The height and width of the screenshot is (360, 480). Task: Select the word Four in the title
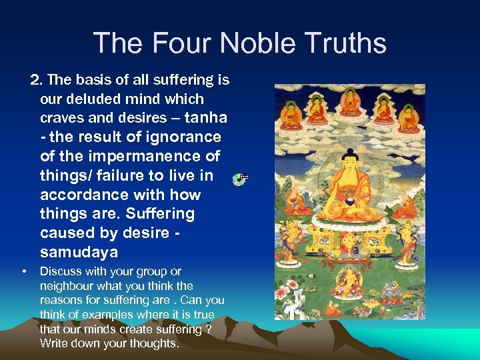click(x=179, y=43)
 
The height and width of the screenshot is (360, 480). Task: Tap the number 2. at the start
click(x=37, y=80)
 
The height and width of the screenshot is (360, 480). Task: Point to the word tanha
click(x=205, y=118)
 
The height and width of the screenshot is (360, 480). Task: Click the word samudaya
click(x=79, y=253)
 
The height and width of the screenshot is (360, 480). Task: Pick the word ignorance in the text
click(x=184, y=137)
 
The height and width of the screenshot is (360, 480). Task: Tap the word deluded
click(x=95, y=99)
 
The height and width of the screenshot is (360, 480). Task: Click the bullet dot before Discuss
click(x=24, y=271)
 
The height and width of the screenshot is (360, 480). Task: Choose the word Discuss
click(x=61, y=271)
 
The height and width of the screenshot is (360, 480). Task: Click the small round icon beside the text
click(x=241, y=179)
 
